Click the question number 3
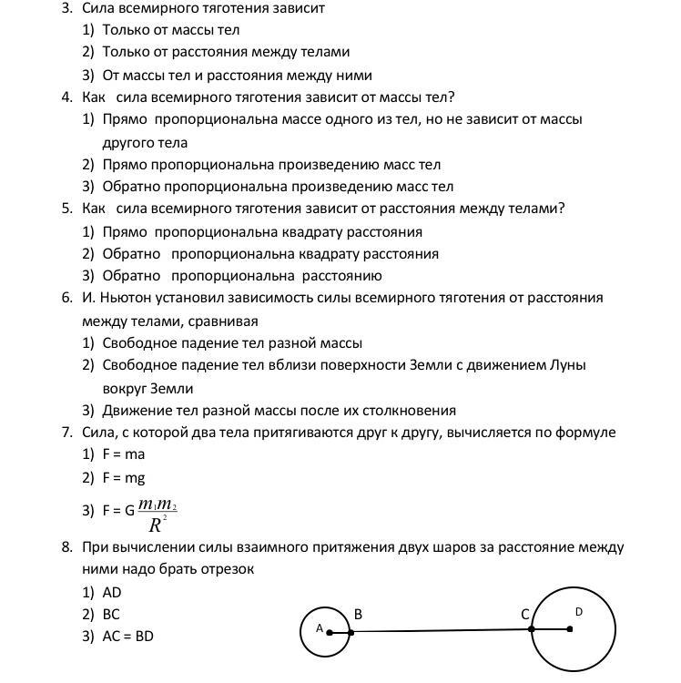click(66, 8)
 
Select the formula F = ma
click(124, 454)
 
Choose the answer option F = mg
click(124, 477)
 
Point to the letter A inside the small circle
click(320, 628)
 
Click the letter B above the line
click(358, 615)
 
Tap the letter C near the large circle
click(525, 615)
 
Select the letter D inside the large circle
click(578, 612)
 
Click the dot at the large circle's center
click(570, 628)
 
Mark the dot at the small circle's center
click(330, 632)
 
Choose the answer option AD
click(112, 592)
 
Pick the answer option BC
click(111, 615)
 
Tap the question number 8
click(66, 547)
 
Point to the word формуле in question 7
click(587, 432)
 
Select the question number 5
click(66, 209)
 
